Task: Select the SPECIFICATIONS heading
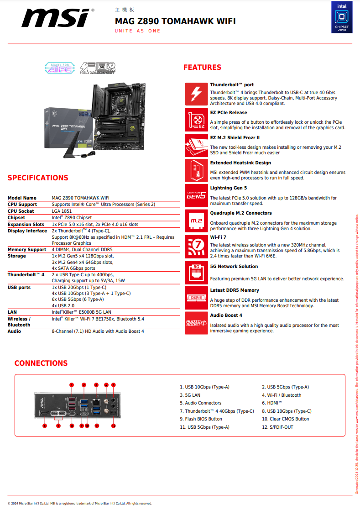pos(38,178)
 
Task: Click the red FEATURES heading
pos(202,68)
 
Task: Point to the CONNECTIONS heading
pos(41,363)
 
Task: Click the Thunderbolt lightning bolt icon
pos(196,94)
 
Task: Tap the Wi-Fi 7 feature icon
pos(196,247)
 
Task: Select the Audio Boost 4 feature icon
pos(196,323)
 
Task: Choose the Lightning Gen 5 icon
pos(196,196)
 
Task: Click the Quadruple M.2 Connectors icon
pos(196,221)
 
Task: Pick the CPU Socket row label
pos(21,211)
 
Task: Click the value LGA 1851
pos(62,211)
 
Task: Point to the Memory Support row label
pos(27,250)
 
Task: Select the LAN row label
pos(12,312)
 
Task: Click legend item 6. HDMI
pos(272,403)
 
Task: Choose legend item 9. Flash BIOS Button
pos(201,419)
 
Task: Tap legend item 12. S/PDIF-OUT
pos(277,427)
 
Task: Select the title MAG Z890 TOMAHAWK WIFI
pos(175,21)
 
